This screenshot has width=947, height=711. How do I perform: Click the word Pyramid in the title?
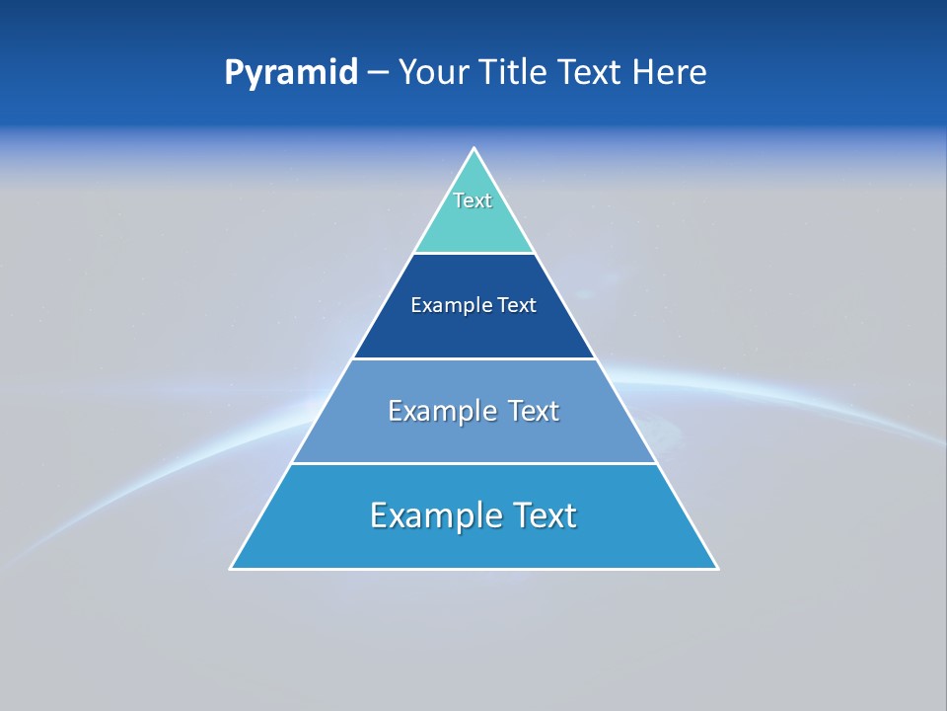(290, 73)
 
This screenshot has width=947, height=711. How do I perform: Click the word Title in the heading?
(513, 73)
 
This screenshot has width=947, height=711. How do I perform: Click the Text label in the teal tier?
(473, 200)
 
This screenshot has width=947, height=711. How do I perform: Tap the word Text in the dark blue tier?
(517, 305)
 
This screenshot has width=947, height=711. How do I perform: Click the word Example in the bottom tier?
(427, 515)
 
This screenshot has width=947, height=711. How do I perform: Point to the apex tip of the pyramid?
(474, 149)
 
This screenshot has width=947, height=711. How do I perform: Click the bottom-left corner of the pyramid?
(232, 568)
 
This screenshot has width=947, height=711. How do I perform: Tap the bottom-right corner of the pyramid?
(716, 568)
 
